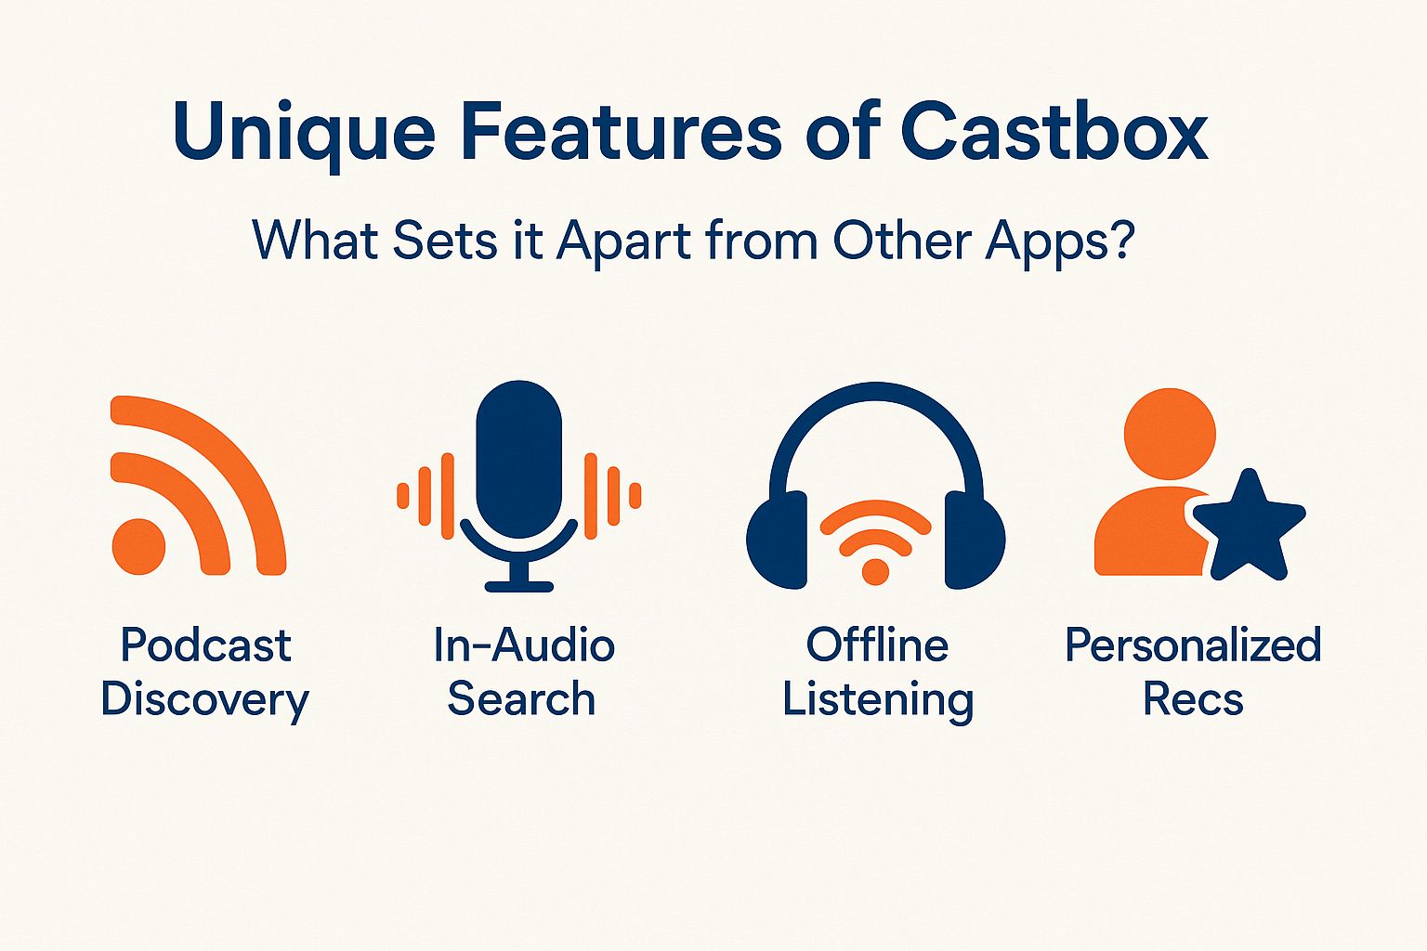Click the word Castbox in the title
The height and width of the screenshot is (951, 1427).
point(1054,131)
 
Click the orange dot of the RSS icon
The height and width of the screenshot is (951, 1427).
point(138,546)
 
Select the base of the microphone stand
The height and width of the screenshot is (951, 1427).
point(518,586)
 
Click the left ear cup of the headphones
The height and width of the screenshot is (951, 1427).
point(777,541)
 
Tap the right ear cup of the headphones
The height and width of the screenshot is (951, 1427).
point(975,541)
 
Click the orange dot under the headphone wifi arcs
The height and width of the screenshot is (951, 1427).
point(875,571)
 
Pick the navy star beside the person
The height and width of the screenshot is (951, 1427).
point(1250,528)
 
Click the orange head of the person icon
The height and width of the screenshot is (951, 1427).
point(1170,435)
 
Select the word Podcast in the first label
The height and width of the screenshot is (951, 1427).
point(205,645)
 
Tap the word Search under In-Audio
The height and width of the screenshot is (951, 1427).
point(521,698)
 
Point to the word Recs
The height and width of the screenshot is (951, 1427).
point(1193,698)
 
